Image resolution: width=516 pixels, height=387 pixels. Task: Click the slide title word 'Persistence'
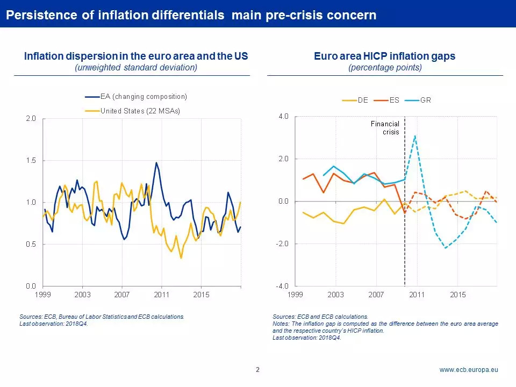coord(42,15)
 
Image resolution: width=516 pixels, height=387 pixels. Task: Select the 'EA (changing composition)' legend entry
coord(136,96)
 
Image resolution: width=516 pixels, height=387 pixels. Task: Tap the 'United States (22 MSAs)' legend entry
coord(132,111)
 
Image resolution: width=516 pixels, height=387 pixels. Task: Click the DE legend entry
coord(355,100)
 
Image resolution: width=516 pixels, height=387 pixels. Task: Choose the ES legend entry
coord(386,100)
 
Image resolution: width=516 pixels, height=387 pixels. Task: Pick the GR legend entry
coord(418,100)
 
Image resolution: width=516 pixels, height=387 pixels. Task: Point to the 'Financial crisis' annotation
coord(385,128)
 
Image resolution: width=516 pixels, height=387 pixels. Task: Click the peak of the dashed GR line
coord(415,135)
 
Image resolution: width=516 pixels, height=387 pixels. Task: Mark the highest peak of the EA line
coord(156,162)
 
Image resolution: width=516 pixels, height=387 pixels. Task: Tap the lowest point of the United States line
coord(181,258)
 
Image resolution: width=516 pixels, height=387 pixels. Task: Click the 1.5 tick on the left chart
coord(31,160)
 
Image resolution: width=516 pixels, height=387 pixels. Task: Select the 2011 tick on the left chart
coord(162,295)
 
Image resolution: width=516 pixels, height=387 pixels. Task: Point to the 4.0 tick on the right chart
coord(283,116)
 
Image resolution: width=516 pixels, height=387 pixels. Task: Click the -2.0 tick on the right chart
coord(282,243)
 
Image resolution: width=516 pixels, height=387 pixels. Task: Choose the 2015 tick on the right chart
coord(458,295)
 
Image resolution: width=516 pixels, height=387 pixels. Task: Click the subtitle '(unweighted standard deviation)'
coord(136,68)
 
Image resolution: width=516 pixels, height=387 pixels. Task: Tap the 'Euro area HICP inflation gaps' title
coord(385,56)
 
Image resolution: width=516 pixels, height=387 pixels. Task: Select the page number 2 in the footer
coord(257,370)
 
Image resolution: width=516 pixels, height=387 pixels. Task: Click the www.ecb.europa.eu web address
coord(469,370)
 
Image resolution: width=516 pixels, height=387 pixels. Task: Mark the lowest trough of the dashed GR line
coord(446,248)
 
